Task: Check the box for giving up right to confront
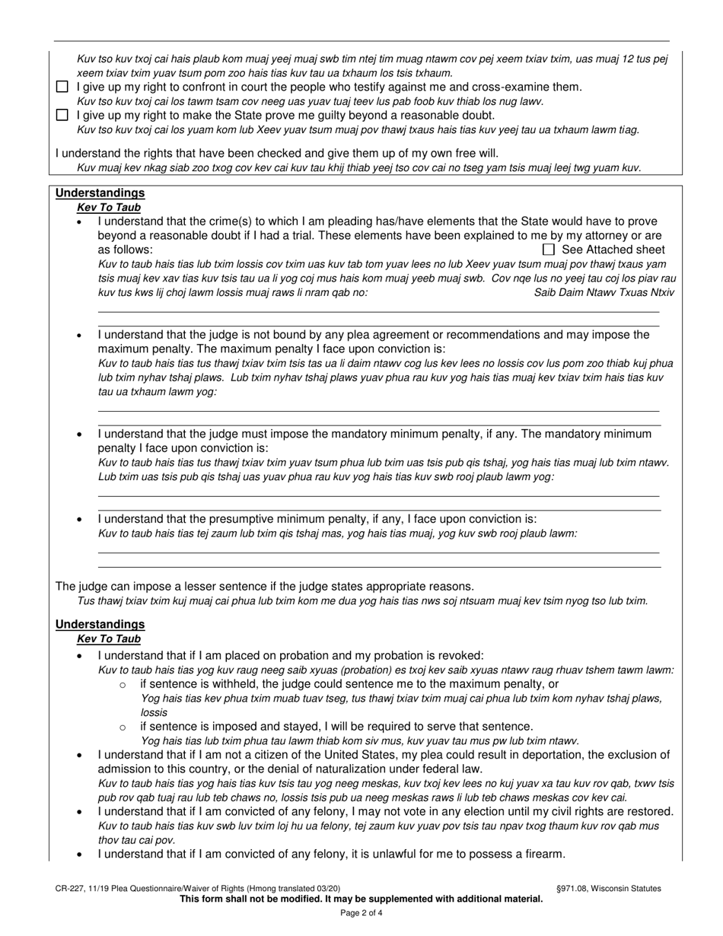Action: [62, 88]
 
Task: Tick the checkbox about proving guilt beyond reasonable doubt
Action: [62, 116]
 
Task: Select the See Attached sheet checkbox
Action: [548, 250]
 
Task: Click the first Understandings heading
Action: [100, 193]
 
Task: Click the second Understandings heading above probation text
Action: [100, 625]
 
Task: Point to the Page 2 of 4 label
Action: [361, 913]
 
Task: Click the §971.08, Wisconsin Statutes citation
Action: [609, 888]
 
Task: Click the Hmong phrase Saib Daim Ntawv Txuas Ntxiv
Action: [604, 292]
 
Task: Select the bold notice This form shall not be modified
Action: [361, 899]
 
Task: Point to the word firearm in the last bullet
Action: [542, 854]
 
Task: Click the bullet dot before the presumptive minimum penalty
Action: [81, 520]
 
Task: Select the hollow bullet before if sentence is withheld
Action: [123, 685]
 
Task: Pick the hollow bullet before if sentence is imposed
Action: [123, 727]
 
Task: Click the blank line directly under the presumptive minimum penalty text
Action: [378, 553]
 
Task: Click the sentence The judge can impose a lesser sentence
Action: [264, 586]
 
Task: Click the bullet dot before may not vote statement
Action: [81, 812]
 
